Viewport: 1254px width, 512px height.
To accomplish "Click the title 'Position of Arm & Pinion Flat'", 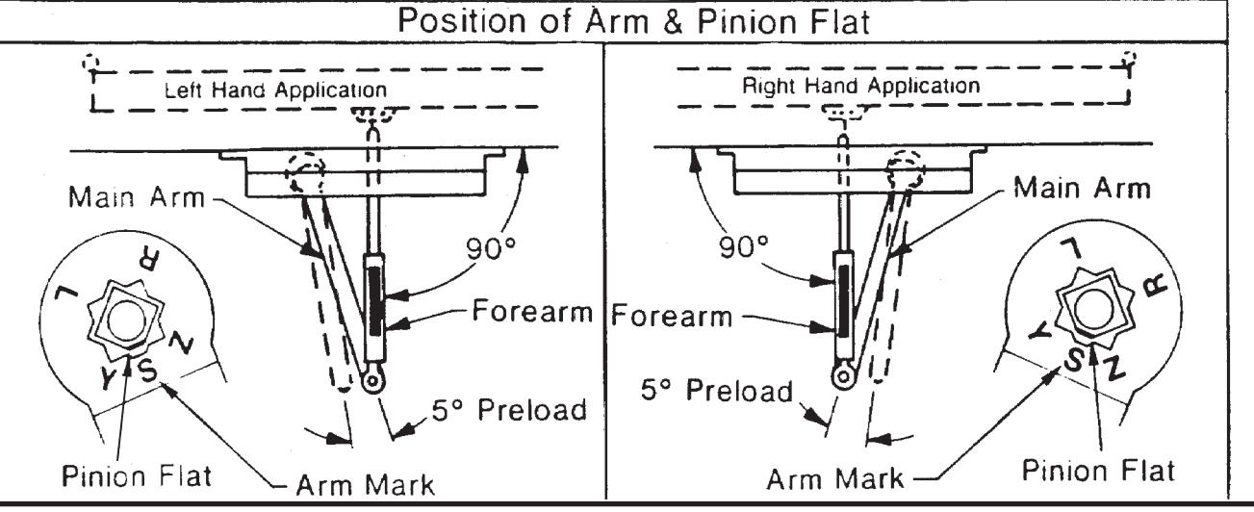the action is [x=633, y=21].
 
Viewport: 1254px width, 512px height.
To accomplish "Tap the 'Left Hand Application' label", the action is [x=275, y=90].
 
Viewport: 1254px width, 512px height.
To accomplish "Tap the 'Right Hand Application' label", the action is [x=861, y=86].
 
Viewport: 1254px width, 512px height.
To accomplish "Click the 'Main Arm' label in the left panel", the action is [x=137, y=197].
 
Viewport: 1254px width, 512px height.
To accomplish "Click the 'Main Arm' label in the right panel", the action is [x=1082, y=188].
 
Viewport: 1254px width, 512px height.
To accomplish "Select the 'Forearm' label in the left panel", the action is [x=532, y=311].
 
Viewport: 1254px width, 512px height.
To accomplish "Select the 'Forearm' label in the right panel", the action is [x=672, y=315].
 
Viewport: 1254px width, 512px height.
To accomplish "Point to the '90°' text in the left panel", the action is [x=491, y=248].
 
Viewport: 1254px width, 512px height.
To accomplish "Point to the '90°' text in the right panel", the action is [x=744, y=246].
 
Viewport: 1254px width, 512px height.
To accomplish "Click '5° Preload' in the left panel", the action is [x=509, y=410].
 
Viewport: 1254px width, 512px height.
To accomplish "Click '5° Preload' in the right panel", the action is [x=717, y=390].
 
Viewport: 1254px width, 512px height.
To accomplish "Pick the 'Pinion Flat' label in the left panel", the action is [x=137, y=476].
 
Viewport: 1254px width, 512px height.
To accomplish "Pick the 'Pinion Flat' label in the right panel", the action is [x=1098, y=471].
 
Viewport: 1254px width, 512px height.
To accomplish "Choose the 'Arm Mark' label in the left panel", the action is [x=365, y=485].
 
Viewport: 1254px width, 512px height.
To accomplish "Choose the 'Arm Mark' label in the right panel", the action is [x=834, y=479].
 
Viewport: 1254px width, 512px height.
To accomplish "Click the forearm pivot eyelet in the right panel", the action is [x=843, y=376].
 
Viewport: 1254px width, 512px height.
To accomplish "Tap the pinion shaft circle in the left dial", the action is [x=126, y=321].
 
